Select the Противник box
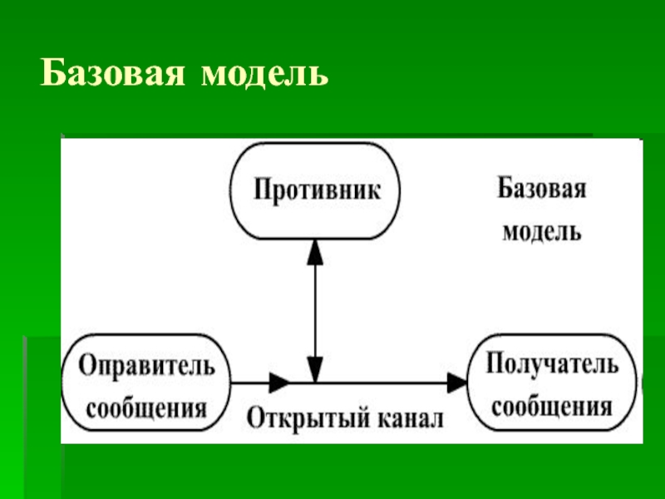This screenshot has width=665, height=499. pyautogui.click(x=314, y=190)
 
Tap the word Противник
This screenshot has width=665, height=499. pyautogui.click(x=317, y=190)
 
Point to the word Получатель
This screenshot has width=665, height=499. pyautogui.click(x=552, y=364)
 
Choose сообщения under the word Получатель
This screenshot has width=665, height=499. pyautogui.click(x=552, y=407)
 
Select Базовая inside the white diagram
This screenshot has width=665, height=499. pyautogui.click(x=542, y=189)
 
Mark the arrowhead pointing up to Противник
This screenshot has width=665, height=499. pyautogui.click(x=314, y=248)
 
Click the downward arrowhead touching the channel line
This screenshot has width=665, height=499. pyautogui.click(x=314, y=369)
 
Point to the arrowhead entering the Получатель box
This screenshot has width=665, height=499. pyautogui.click(x=457, y=383)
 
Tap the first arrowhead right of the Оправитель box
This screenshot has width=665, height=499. pyautogui.click(x=279, y=383)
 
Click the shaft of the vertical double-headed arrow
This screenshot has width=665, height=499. pyautogui.click(x=314, y=308)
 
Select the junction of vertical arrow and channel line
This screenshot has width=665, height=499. pyautogui.click(x=314, y=383)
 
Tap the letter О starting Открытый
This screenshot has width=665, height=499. pyautogui.click(x=255, y=416)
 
